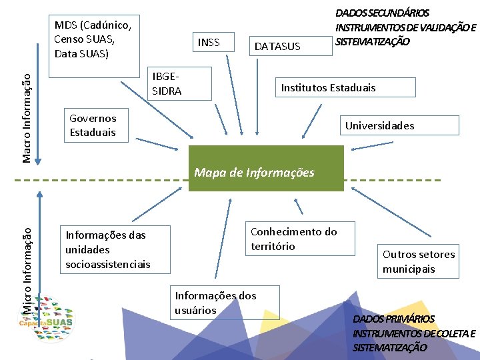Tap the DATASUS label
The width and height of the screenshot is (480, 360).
tap(277, 46)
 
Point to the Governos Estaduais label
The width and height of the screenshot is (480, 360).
tap(93, 125)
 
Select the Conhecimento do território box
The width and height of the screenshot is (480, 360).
tap(300, 239)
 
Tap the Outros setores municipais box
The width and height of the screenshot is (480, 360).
tap(419, 261)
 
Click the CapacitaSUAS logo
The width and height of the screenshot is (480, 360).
tap(47, 320)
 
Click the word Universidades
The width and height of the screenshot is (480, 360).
tap(379, 125)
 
